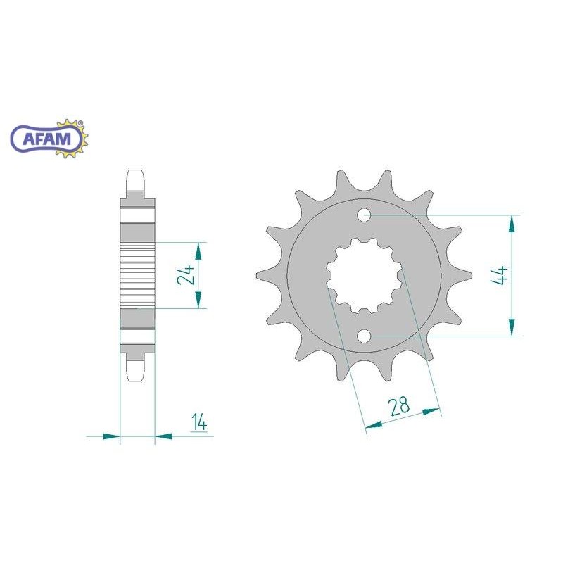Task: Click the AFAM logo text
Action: tap(47, 139)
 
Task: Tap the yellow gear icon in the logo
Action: tap(72, 139)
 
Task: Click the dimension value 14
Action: tap(199, 422)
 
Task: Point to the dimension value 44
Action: tap(500, 276)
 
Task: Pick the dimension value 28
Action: tap(399, 406)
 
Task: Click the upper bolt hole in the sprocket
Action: tap(364, 215)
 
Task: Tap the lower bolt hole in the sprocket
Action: tap(364, 336)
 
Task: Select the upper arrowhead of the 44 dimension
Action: tap(512, 224)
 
